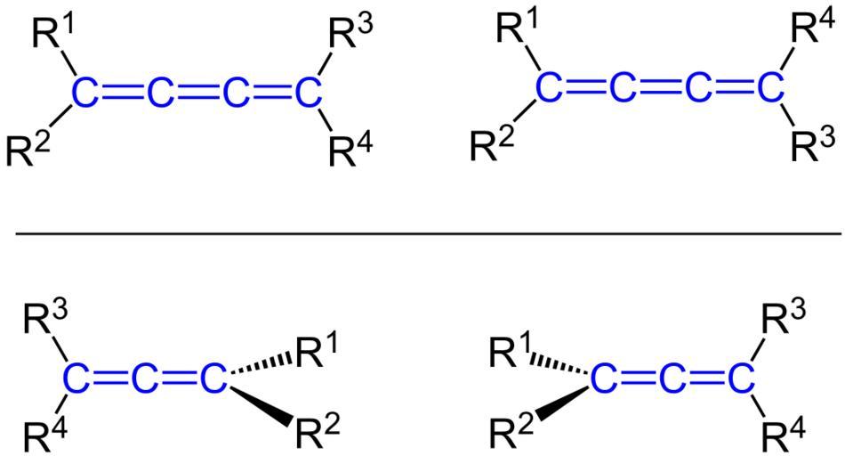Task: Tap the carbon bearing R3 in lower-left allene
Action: point(76,380)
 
